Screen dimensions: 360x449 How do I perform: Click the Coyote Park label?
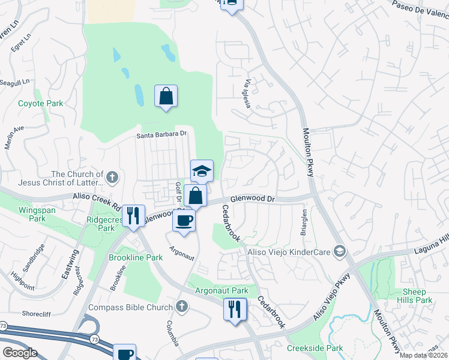(x=40, y=103)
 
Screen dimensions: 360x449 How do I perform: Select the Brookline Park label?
(x=136, y=257)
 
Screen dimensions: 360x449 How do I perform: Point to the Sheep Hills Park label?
(x=415, y=296)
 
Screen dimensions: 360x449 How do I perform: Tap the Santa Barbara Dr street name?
(x=162, y=135)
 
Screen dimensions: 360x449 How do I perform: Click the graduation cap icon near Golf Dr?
(x=202, y=170)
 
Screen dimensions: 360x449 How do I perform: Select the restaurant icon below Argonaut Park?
(x=234, y=309)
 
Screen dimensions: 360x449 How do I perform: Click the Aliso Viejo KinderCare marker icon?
(x=340, y=250)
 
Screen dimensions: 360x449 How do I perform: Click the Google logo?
(x=20, y=353)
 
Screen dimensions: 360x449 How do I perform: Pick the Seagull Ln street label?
(x=15, y=82)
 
